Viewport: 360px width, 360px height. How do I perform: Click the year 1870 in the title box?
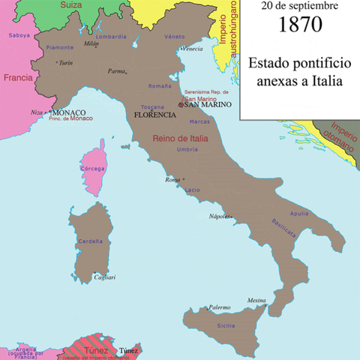pyautogui.click(x=300, y=24)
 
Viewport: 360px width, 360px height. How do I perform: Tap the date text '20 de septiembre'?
pyautogui.click(x=300, y=6)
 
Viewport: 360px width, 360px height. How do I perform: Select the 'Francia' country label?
pyautogui.click(x=17, y=77)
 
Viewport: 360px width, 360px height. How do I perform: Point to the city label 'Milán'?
pyautogui.click(x=91, y=44)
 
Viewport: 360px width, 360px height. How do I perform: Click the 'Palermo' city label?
pyautogui.click(x=220, y=307)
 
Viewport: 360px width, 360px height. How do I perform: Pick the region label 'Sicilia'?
pyautogui.click(x=226, y=325)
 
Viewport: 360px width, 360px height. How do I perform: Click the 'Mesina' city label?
pyautogui.click(x=257, y=298)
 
